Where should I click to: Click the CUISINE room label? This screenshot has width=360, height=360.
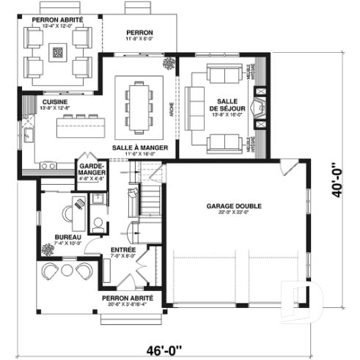point(55,103)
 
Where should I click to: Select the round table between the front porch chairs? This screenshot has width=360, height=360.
point(68,271)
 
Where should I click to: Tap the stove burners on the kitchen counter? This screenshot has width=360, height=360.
point(49,167)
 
